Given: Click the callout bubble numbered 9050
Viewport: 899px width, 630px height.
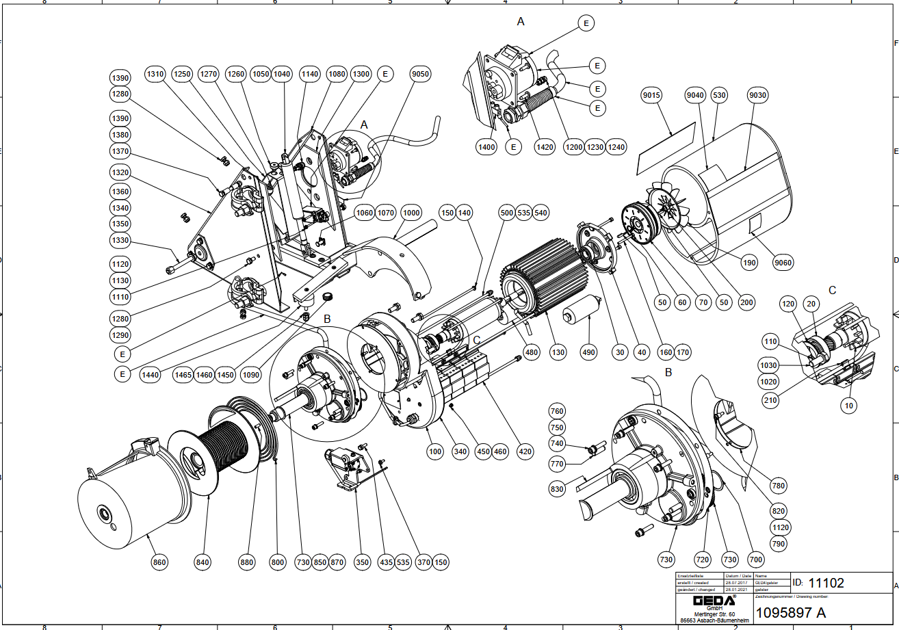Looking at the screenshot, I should pyautogui.click(x=421, y=74).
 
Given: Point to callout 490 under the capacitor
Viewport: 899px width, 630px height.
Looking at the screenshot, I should pyautogui.click(x=588, y=352).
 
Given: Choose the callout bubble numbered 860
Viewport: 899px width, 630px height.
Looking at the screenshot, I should pyautogui.click(x=159, y=562).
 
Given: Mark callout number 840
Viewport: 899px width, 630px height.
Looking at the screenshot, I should pyautogui.click(x=203, y=562).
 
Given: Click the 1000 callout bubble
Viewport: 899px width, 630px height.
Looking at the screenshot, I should pyautogui.click(x=411, y=213).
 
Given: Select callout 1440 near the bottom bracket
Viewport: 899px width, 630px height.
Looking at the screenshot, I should pyautogui.click(x=150, y=374).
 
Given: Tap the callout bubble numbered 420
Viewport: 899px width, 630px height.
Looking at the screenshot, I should pyautogui.click(x=525, y=452).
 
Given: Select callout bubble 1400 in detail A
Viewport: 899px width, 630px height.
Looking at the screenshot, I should pyautogui.click(x=488, y=146).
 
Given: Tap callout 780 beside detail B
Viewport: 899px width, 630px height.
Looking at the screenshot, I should pyautogui.click(x=779, y=486).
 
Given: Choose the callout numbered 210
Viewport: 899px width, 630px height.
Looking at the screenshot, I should pyautogui.click(x=771, y=400).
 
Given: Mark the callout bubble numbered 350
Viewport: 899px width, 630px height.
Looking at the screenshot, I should pyautogui.click(x=362, y=562).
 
